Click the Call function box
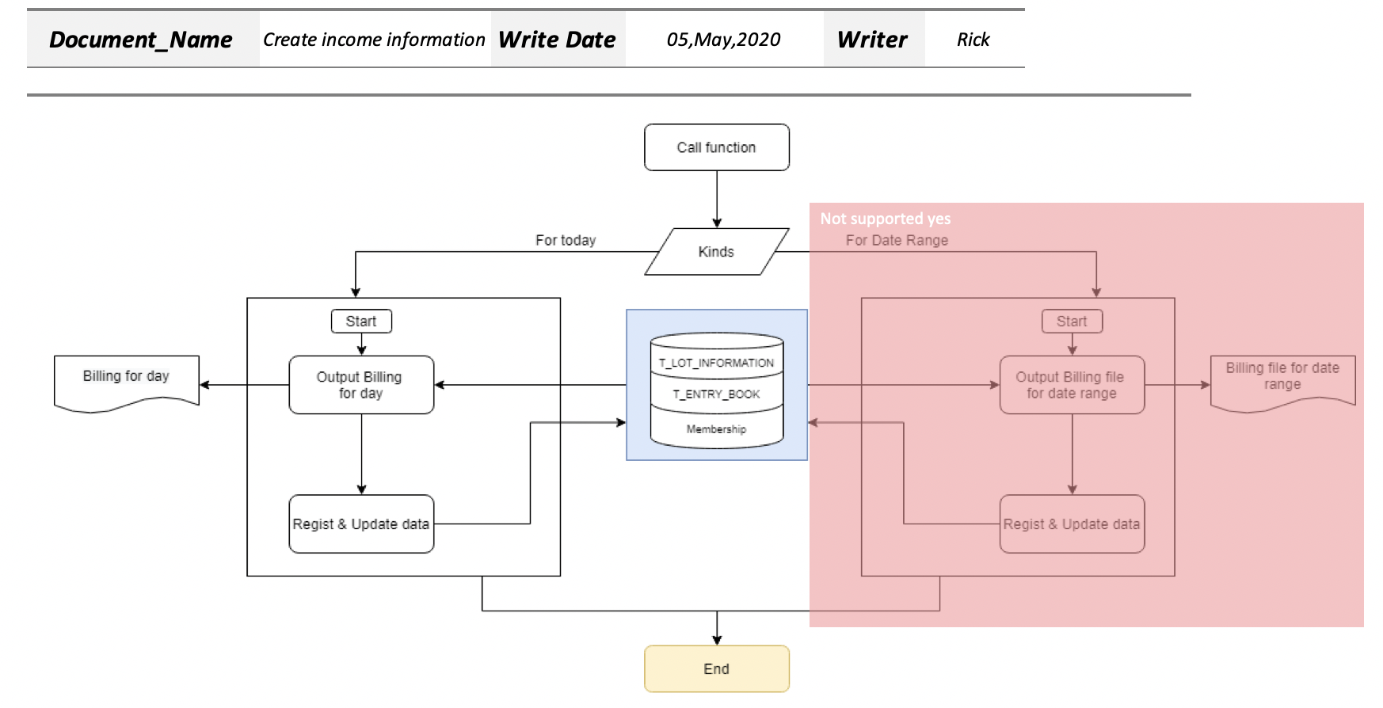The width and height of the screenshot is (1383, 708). pyautogui.click(x=716, y=147)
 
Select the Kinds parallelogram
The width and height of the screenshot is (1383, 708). pyautogui.click(x=716, y=252)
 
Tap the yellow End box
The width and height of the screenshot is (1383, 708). pyautogui.click(x=716, y=668)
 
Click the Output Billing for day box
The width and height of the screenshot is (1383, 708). pyautogui.click(x=361, y=385)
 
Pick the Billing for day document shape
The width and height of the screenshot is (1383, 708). pyautogui.click(x=126, y=382)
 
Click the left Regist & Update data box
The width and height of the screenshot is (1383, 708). pyautogui.click(x=361, y=524)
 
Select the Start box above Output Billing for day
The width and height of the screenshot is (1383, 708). pyautogui.click(x=361, y=322)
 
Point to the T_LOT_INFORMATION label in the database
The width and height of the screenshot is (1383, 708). pyautogui.click(x=716, y=363)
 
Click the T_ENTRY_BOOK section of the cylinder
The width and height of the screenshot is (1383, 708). pyautogui.click(x=716, y=394)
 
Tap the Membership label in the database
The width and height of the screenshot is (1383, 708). pyautogui.click(x=716, y=429)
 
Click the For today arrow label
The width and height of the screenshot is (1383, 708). pyautogui.click(x=566, y=240)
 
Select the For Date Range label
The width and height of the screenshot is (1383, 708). pyautogui.click(x=897, y=240)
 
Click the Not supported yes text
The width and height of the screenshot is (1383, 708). pyautogui.click(x=885, y=219)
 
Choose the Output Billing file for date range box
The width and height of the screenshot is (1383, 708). pyautogui.click(x=1072, y=385)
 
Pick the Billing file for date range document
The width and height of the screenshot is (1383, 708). pyautogui.click(x=1282, y=379)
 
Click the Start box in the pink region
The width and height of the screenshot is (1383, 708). pyautogui.click(x=1072, y=322)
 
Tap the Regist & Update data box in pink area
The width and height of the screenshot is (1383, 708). pyautogui.click(x=1072, y=524)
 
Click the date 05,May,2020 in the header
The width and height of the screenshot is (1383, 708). pyautogui.click(x=723, y=40)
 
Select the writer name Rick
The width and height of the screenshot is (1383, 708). pyautogui.click(x=973, y=40)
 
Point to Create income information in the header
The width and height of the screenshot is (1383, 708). pyautogui.click(x=374, y=40)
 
